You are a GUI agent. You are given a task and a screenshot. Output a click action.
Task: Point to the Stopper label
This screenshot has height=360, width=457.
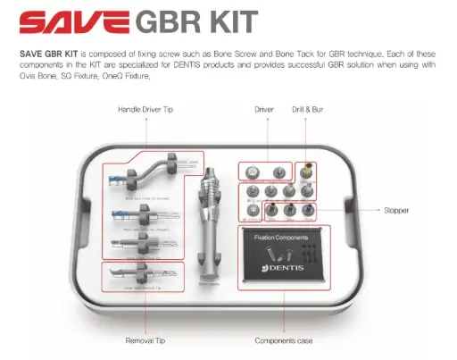[x=394, y=211]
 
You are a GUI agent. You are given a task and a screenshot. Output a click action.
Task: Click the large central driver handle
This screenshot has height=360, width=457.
[x=212, y=223]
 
